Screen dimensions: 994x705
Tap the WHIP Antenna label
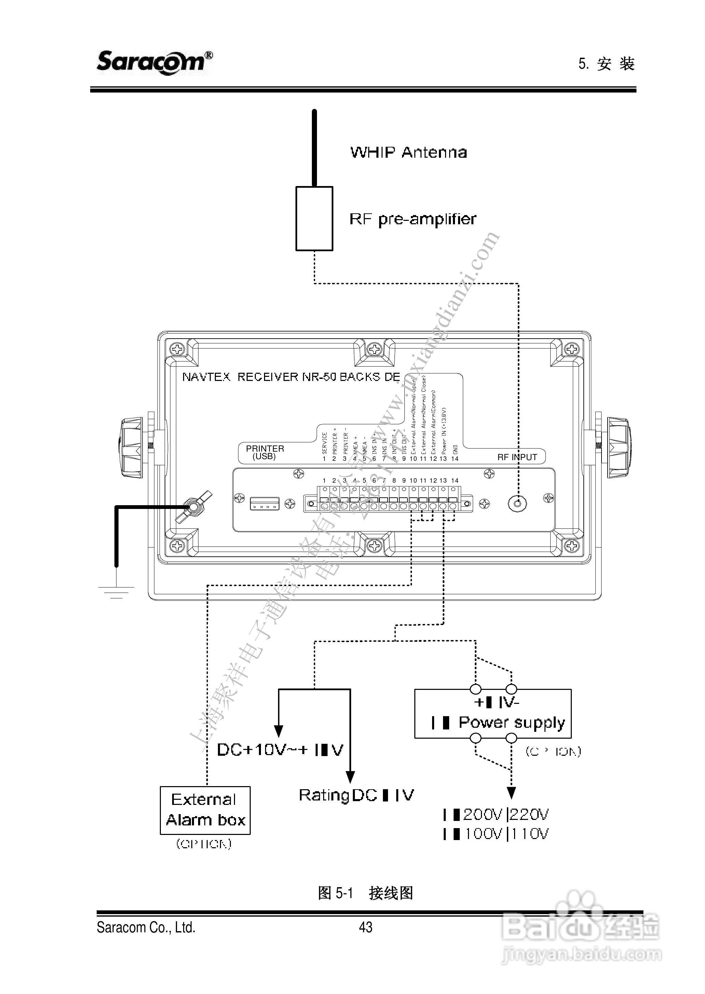pyautogui.click(x=408, y=152)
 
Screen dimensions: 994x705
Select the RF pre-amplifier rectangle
pyautogui.click(x=314, y=218)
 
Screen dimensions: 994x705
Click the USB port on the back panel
pyautogui.click(x=264, y=503)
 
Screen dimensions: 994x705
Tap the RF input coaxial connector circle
pyautogui.click(x=517, y=503)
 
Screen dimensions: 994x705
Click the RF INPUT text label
pyautogui.click(x=517, y=457)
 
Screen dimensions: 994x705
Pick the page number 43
pyautogui.click(x=365, y=927)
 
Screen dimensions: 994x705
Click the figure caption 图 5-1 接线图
pyautogui.click(x=365, y=893)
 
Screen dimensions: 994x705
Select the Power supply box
pyautogui.click(x=493, y=714)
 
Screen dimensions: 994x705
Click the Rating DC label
pyautogui.click(x=356, y=795)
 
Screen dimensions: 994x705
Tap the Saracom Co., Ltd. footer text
pyautogui.click(x=146, y=928)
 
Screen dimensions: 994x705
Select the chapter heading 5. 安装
pyautogui.click(x=606, y=64)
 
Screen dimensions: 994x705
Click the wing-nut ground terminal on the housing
pyautogui.click(x=192, y=507)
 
